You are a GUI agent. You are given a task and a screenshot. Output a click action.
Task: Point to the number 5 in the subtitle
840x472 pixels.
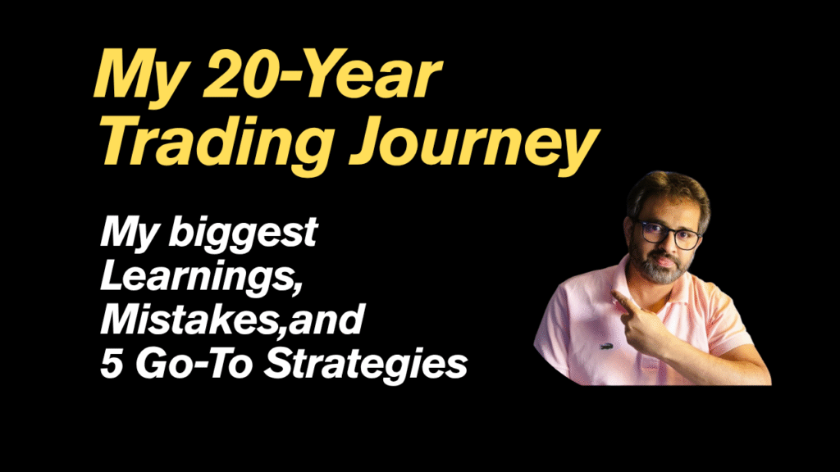(x=112, y=364)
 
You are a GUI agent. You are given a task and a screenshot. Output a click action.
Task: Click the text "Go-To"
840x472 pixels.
(x=194, y=364)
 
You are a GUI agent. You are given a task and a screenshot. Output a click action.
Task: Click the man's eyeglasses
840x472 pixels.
(x=668, y=234)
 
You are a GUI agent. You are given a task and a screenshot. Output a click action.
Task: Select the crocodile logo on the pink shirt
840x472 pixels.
(x=606, y=348)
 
